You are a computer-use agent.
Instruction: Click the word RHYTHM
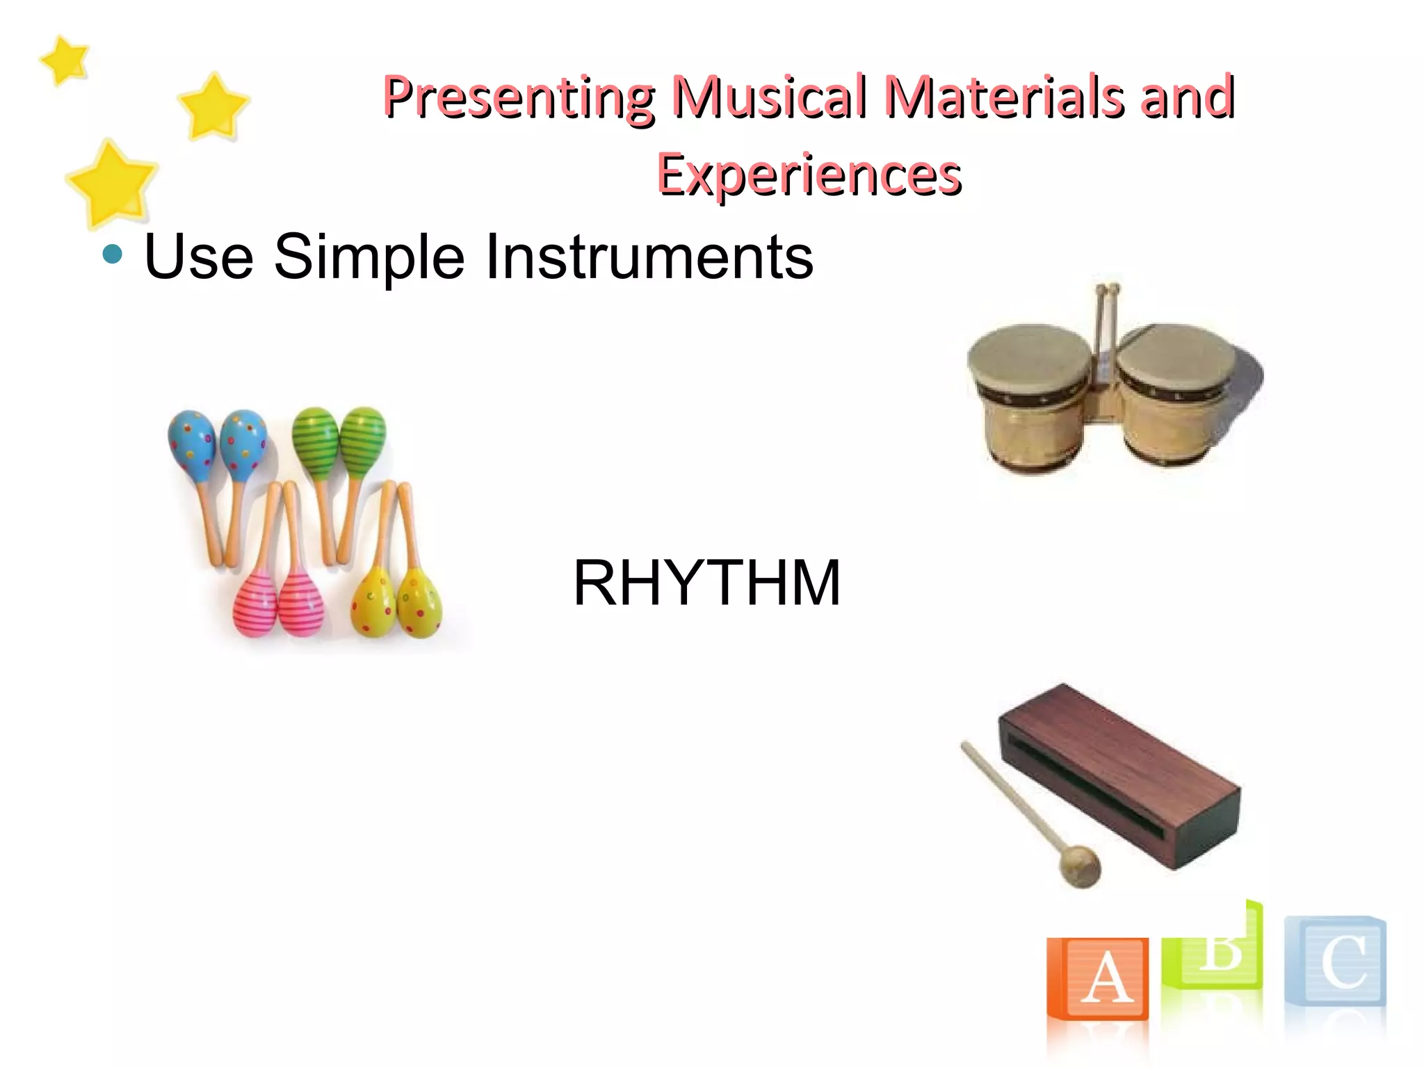click(706, 583)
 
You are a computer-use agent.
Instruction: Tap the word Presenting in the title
click(518, 97)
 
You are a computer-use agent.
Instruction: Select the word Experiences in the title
click(809, 175)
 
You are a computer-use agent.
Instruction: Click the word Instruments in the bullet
click(648, 257)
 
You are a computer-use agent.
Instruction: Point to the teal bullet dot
click(112, 254)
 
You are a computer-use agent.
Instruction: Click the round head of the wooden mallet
click(1080, 866)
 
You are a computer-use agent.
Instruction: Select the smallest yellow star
click(65, 60)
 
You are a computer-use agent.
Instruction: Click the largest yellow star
click(112, 183)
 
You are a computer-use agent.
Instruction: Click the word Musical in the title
click(770, 97)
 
